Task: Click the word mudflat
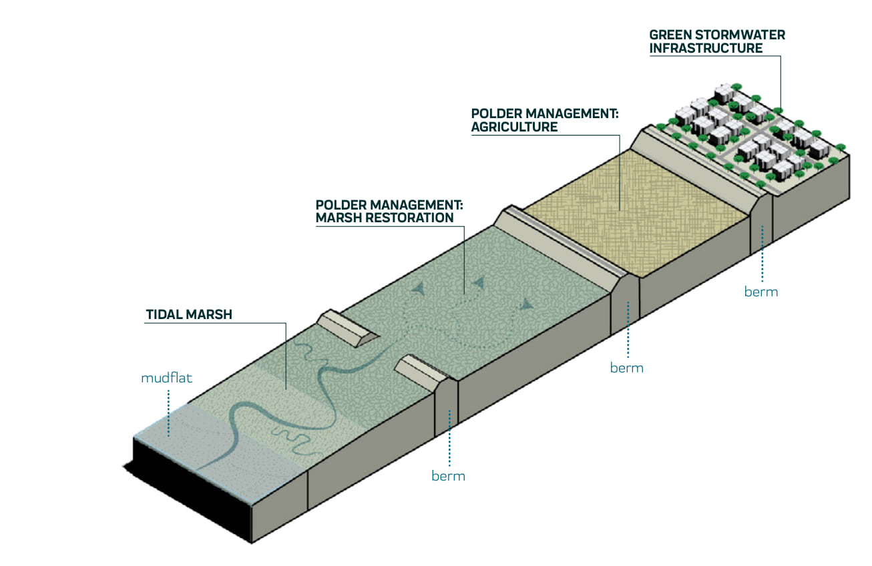[166, 378]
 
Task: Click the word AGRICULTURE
[514, 127]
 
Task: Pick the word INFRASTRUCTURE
[706, 48]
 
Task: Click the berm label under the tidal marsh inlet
[448, 476]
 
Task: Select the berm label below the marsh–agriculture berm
[626, 368]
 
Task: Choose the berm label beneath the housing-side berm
[761, 292]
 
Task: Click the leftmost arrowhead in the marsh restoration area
[419, 288]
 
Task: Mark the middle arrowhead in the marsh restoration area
[478, 284]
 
